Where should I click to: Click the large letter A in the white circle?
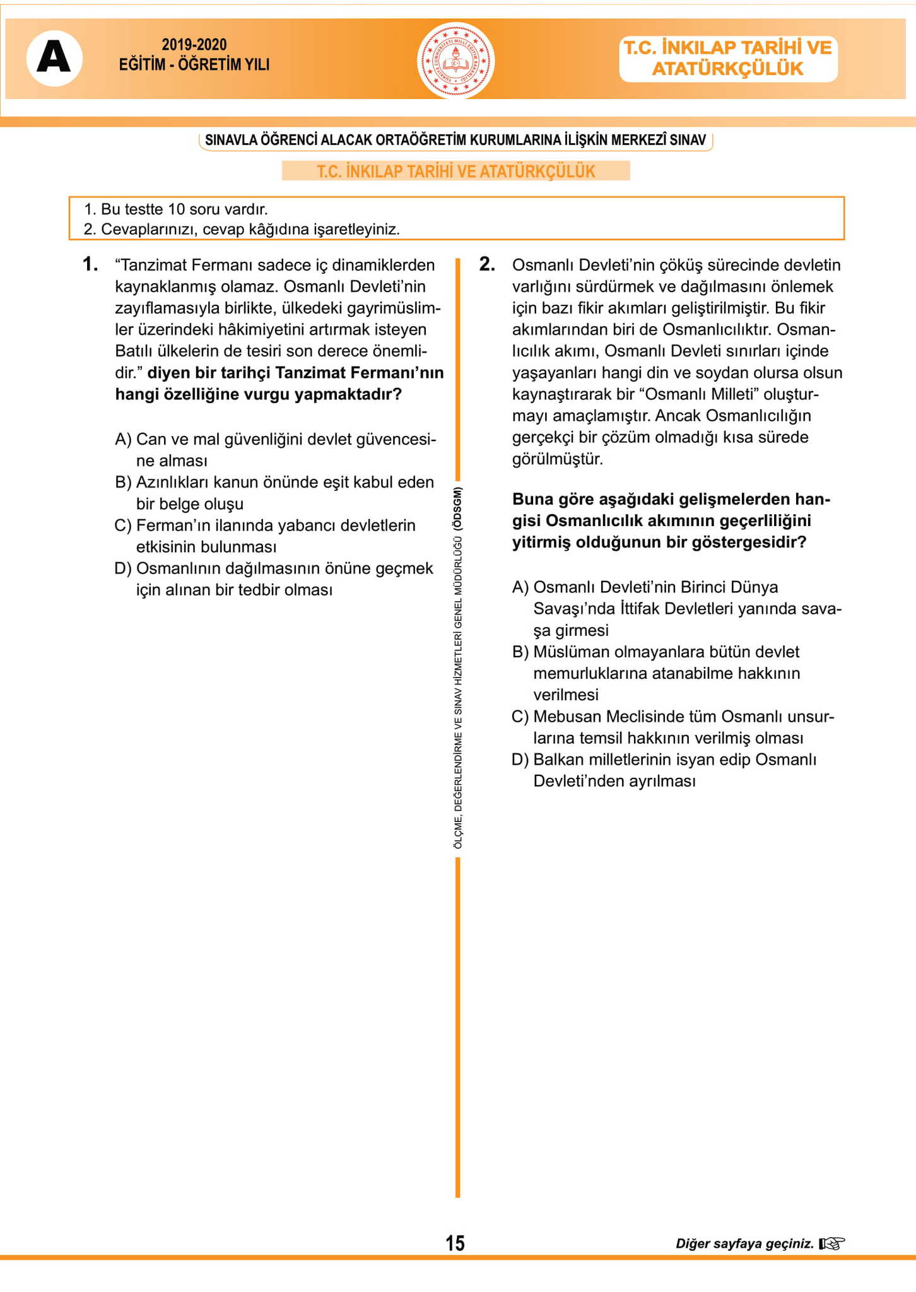54,59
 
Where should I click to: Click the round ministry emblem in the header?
455,61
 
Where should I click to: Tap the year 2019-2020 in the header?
194,45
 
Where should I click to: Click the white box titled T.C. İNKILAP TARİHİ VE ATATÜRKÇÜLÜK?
728,59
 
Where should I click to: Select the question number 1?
90,264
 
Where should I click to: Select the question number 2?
487,264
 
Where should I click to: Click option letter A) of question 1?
123,439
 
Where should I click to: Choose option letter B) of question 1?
123,483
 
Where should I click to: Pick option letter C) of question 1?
123,526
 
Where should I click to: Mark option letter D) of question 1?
123,568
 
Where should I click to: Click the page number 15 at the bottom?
455,1243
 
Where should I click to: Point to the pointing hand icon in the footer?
831,1243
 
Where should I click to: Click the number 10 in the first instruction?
177,209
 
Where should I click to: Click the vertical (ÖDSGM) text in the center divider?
458,508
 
